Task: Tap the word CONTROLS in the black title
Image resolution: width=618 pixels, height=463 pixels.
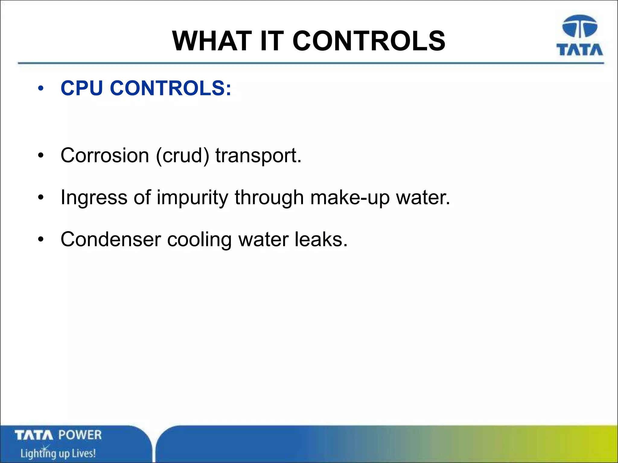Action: pyautogui.click(x=369, y=41)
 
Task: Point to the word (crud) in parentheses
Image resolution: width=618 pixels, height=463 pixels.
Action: pyautogui.click(x=182, y=156)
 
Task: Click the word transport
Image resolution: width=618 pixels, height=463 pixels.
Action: pyautogui.click(x=258, y=156)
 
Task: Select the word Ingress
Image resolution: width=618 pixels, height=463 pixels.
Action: pyautogui.click(x=94, y=198)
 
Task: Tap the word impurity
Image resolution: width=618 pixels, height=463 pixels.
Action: pyautogui.click(x=193, y=198)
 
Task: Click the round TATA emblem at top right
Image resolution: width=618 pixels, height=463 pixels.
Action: pyautogui.click(x=580, y=27)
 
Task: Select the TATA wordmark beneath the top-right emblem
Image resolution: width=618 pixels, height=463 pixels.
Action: pyautogui.click(x=580, y=50)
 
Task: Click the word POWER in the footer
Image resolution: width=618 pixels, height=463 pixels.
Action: pyautogui.click(x=80, y=435)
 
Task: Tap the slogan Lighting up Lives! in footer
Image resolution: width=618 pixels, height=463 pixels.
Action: pyautogui.click(x=58, y=453)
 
